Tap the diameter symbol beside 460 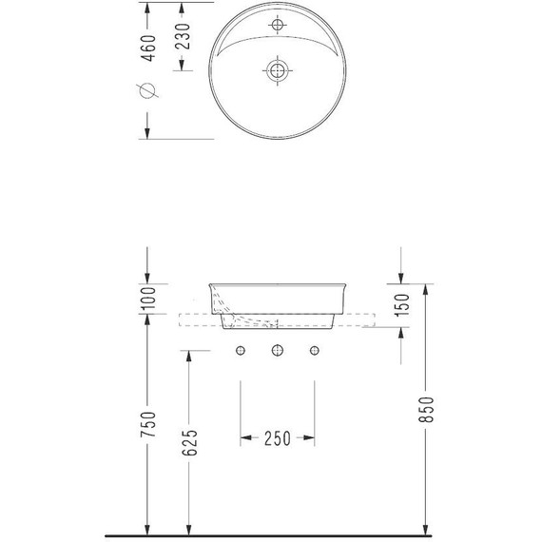pyautogui.click(x=146, y=90)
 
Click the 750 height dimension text pyautogui.click(x=146, y=426)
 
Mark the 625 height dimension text pyautogui.click(x=190, y=442)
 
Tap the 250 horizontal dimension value pyautogui.click(x=278, y=438)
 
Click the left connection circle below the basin pyautogui.click(x=241, y=352)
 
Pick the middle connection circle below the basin pyautogui.click(x=278, y=352)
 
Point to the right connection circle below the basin pyautogui.click(x=314, y=352)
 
